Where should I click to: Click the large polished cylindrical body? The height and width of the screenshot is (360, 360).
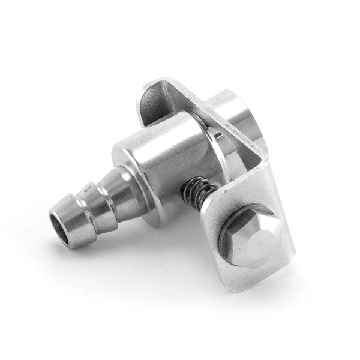tap(162, 162)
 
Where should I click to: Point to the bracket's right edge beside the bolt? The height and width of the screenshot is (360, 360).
tap(290, 240)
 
